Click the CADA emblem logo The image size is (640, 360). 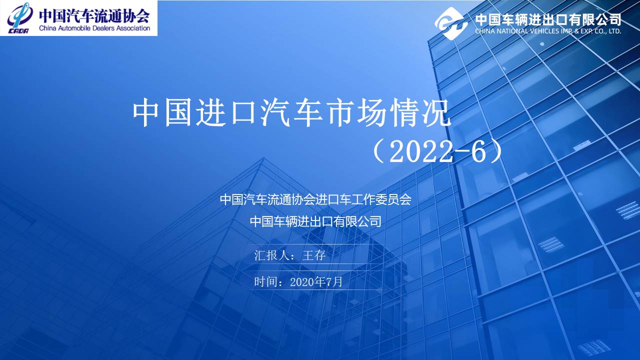point(19,18)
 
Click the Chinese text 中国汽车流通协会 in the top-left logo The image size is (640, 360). point(94,15)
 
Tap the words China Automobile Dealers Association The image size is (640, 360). point(94,28)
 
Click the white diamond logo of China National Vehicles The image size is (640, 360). point(451,23)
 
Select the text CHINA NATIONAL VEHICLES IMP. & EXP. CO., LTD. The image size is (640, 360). point(548,31)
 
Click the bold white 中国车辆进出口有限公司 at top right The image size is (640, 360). point(548,19)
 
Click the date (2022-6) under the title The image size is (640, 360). point(436,151)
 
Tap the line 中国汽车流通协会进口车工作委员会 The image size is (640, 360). point(315,199)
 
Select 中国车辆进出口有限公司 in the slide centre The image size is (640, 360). point(315,221)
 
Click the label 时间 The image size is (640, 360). point(265,282)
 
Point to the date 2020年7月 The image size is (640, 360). point(316,282)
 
